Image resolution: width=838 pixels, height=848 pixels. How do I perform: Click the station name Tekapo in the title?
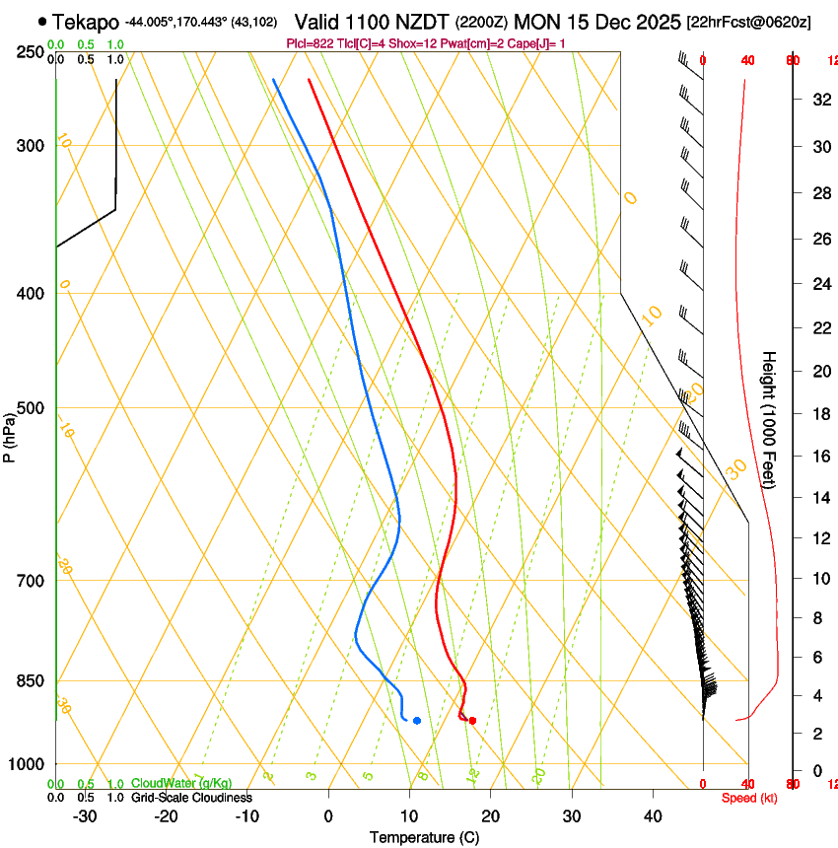[86, 22]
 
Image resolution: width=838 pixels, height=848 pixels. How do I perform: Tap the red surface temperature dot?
[473, 721]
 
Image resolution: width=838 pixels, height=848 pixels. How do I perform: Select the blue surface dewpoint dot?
[417, 721]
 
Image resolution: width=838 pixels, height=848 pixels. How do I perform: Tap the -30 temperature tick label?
[85, 815]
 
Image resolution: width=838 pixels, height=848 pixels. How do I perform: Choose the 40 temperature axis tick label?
[652, 815]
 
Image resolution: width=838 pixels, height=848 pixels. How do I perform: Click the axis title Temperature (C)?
[424, 837]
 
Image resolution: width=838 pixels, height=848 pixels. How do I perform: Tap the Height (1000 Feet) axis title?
[770, 429]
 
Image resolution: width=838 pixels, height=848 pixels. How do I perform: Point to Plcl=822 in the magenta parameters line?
[309, 43]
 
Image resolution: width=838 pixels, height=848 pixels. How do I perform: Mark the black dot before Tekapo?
[41, 21]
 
